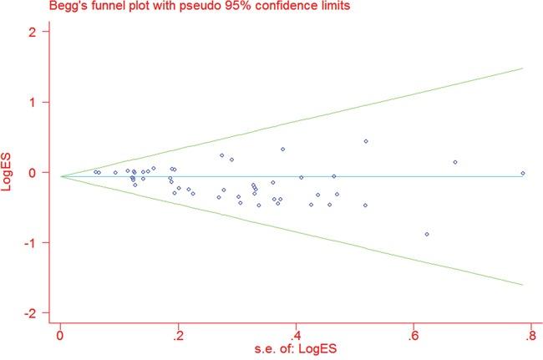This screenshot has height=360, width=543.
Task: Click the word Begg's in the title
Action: [x=18, y=8]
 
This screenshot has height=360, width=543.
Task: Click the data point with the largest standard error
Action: [x=523, y=173]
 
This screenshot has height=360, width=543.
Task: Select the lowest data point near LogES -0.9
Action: [x=427, y=235]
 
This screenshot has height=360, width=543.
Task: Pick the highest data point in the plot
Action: [x=366, y=141]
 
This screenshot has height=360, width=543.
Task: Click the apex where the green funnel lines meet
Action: [x=61, y=176]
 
